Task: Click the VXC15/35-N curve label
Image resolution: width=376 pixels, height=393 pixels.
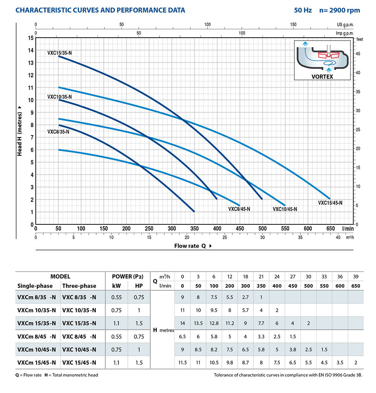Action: coord(59,53)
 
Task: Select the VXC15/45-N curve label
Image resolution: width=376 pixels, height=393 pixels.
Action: coord(330,203)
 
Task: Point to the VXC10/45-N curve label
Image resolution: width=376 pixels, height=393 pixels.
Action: coord(285,209)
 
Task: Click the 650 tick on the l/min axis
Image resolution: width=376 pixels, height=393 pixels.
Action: coord(331,228)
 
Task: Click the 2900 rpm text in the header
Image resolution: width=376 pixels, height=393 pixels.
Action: coord(343,10)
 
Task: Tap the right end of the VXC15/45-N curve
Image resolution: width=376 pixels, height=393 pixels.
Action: coord(330,199)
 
